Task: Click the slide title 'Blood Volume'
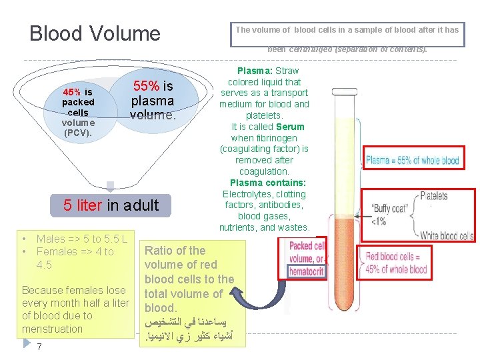[x=95, y=33]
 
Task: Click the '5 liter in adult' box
[x=111, y=205]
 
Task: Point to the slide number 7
[x=40, y=347]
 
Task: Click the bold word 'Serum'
[x=291, y=127]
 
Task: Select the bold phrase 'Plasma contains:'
[x=268, y=183]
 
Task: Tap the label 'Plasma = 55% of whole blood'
[x=413, y=160]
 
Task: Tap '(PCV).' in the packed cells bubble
[x=78, y=133]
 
